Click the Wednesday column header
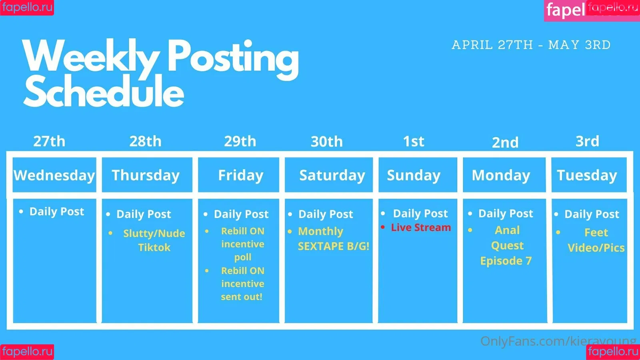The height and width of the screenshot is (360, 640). [54, 175]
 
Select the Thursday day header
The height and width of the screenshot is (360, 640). [147, 175]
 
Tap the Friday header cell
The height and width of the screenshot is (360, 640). [238, 175]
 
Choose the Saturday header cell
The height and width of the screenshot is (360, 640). [328, 175]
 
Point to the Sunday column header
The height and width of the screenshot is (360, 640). [418, 175]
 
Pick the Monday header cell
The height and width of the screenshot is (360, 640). [504, 175]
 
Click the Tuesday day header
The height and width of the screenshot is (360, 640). [589, 175]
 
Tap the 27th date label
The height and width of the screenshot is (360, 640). [49, 141]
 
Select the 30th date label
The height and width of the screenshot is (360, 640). [326, 142]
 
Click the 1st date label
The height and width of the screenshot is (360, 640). [414, 141]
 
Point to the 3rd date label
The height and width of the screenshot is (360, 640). [587, 141]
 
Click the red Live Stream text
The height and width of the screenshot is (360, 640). [421, 228]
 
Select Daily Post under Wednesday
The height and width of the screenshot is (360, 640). [56, 212]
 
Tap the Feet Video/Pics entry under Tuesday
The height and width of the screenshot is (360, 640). [596, 240]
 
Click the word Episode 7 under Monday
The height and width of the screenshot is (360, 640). [506, 261]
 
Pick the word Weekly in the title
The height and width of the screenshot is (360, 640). [91, 56]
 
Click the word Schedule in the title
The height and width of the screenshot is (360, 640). [103, 92]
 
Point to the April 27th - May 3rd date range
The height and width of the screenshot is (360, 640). [531, 45]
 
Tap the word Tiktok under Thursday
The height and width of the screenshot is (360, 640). [154, 247]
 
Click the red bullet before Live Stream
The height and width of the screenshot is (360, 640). [383, 227]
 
